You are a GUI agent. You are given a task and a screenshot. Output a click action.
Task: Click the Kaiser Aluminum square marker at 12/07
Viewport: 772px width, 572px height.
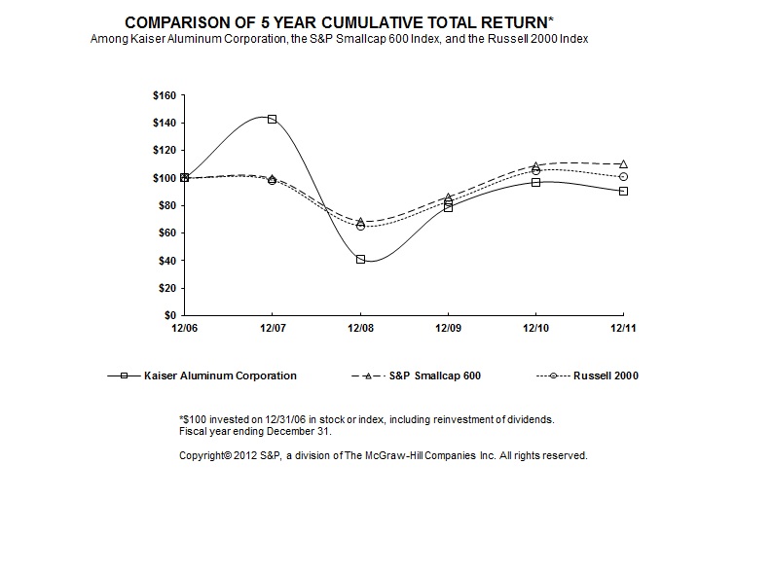click(x=272, y=119)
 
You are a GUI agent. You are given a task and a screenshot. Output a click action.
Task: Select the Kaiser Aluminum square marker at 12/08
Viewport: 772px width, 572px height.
click(x=360, y=260)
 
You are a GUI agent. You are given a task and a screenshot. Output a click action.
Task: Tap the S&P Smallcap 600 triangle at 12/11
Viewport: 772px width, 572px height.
click(x=623, y=164)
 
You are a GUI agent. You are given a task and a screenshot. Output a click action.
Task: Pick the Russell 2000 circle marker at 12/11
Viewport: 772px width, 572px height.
click(x=623, y=177)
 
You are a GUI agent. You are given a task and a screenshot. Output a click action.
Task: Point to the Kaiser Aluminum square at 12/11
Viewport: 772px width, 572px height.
click(x=623, y=191)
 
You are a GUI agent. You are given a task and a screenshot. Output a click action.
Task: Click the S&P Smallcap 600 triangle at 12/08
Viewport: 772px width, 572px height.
click(x=360, y=222)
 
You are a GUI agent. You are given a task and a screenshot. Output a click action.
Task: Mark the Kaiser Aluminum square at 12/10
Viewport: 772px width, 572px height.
click(x=535, y=182)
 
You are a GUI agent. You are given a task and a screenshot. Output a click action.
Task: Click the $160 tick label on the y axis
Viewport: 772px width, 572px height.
click(x=164, y=95)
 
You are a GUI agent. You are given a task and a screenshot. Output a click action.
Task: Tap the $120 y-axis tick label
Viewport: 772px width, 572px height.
click(x=164, y=151)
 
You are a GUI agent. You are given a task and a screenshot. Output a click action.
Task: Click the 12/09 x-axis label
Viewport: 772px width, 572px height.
click(x=447, y=330)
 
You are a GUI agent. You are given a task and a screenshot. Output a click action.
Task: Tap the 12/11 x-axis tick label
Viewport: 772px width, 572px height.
click(x=623, y=330)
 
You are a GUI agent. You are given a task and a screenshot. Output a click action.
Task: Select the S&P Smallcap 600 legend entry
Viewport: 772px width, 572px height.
click(x=433, y=375)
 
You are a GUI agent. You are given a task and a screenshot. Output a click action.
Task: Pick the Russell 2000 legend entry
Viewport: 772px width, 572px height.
click(x=605, y=375)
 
